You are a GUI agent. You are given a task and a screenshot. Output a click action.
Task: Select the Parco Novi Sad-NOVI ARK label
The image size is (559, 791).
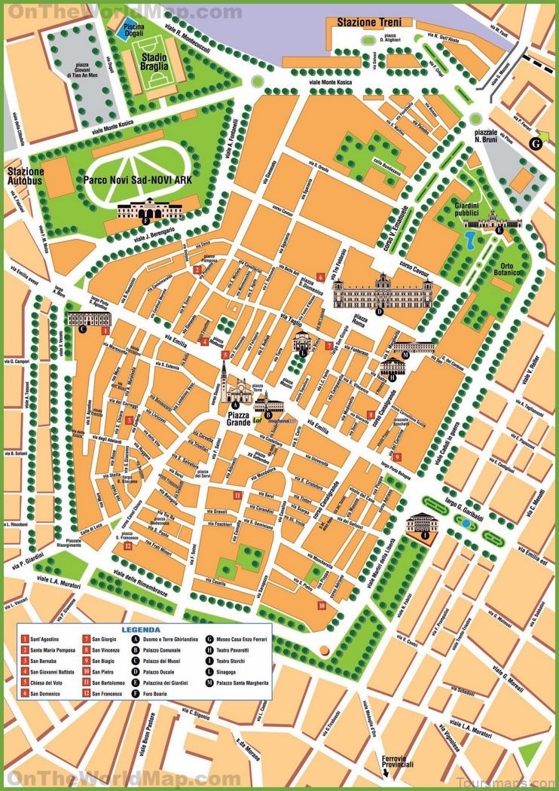(138, 181)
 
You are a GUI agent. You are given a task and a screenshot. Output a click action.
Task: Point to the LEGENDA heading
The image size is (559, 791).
(141, 629)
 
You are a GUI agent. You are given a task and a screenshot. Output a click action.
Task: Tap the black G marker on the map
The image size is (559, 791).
(536, 143)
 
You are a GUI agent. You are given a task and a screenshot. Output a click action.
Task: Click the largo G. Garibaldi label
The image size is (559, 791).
(453, 493)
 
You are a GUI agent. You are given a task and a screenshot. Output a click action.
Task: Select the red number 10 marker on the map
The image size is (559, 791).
(322, 604)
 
